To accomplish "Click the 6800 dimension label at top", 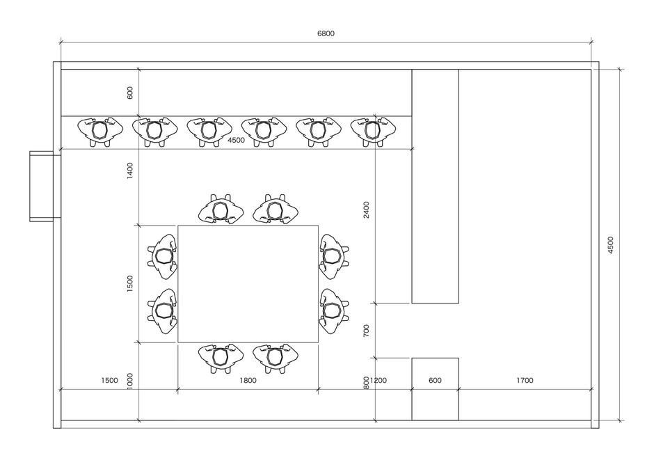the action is (326, 33).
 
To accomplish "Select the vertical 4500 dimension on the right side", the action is (610, 245).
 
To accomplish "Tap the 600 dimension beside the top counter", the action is (129, 93).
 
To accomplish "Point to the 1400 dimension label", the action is (129, 171).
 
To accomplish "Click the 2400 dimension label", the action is (366, 210).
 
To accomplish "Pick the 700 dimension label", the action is (366, 331).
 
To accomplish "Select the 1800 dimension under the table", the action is (248, 381).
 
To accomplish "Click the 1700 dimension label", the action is (525, 381).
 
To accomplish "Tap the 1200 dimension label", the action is (378, 381).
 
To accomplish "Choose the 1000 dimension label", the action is (129, 381).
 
